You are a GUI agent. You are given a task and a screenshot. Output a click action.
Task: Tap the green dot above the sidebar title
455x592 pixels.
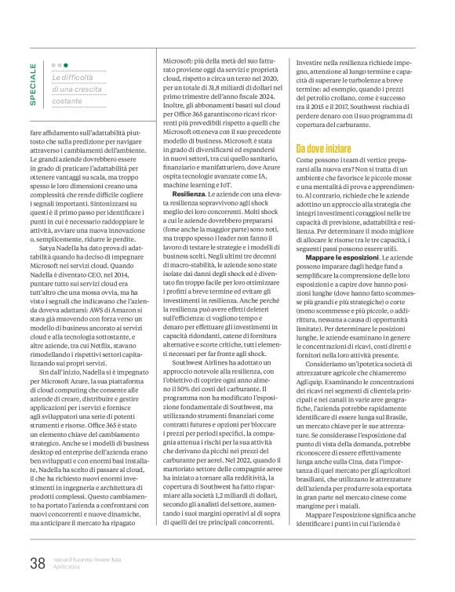[x=66, y=65]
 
